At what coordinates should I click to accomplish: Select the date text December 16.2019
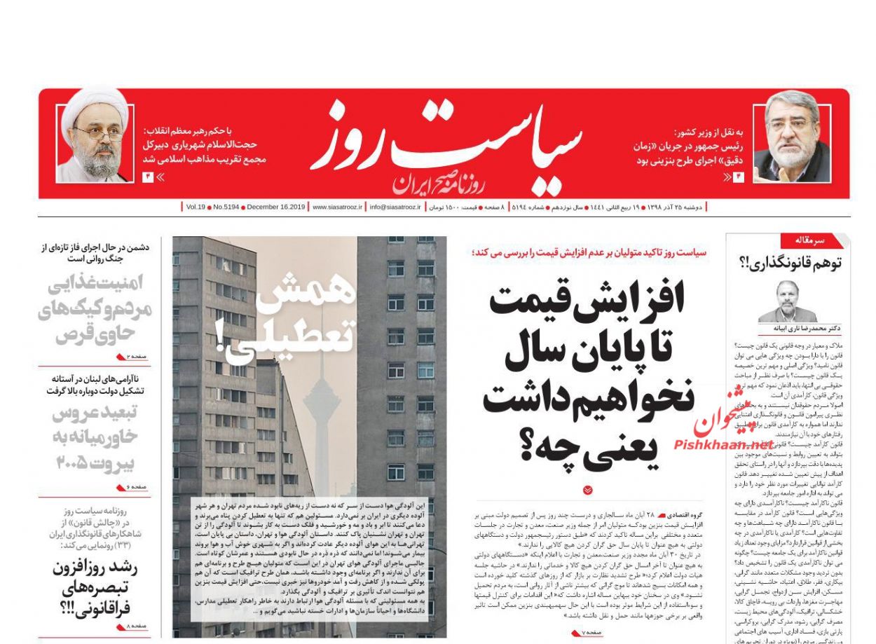click(276, 207)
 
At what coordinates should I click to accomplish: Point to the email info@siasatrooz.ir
click(395, 207)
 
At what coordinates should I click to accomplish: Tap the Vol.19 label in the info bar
click(196, 207)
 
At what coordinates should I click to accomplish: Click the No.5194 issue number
click(226, 207)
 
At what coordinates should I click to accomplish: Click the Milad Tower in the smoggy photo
click(322, 392)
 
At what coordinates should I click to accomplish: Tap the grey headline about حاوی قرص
click(95, 308)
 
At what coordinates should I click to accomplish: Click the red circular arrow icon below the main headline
click(587, 491)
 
